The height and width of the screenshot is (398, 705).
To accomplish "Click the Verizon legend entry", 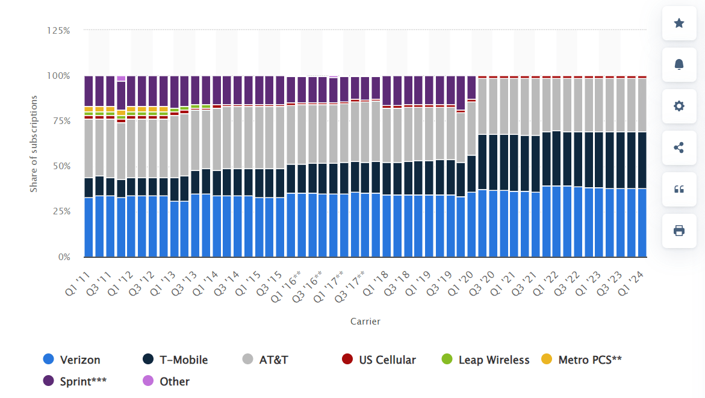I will pyautogui.click(x=72, y=359).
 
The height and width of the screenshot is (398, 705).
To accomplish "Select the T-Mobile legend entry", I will pyautogui.click(x=175, y=359).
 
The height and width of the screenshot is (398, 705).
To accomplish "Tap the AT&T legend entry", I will pyautogui.click(x=266, y=359).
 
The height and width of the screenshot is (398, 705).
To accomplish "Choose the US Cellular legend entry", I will pyautogui.click(x=379, y=359).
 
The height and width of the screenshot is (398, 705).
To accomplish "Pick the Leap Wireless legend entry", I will pyautogui.click(x=485, y=359).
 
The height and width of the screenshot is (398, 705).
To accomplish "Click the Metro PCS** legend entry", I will pyautogui.click(x=582, y=359).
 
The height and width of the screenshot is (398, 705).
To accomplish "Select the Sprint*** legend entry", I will pyautogui.click(x=75, y=381).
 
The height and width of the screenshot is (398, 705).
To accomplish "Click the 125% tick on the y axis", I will pyautogui.click(x=59, y=30).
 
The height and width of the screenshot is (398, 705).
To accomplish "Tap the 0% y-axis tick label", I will pyautogui.click(x=64, y=257).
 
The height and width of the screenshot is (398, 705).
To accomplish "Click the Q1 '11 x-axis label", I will pyautogui.click(x=78, y=282).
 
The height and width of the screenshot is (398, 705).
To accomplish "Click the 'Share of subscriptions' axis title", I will pyautogui.click(x=34, y=143).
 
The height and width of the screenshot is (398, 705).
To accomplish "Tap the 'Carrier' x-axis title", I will pyautogui.click(x=365, y=322).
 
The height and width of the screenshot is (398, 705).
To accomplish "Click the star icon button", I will pyautogui.click(x=679, y=23).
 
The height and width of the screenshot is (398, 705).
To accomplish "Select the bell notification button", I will pyautogui.click(x=679, y=64).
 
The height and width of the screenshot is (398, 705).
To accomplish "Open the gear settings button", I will pyautogui.click(x=679, y=106).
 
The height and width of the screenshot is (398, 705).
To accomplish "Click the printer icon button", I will pyautogui.click(x=679, y=231).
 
